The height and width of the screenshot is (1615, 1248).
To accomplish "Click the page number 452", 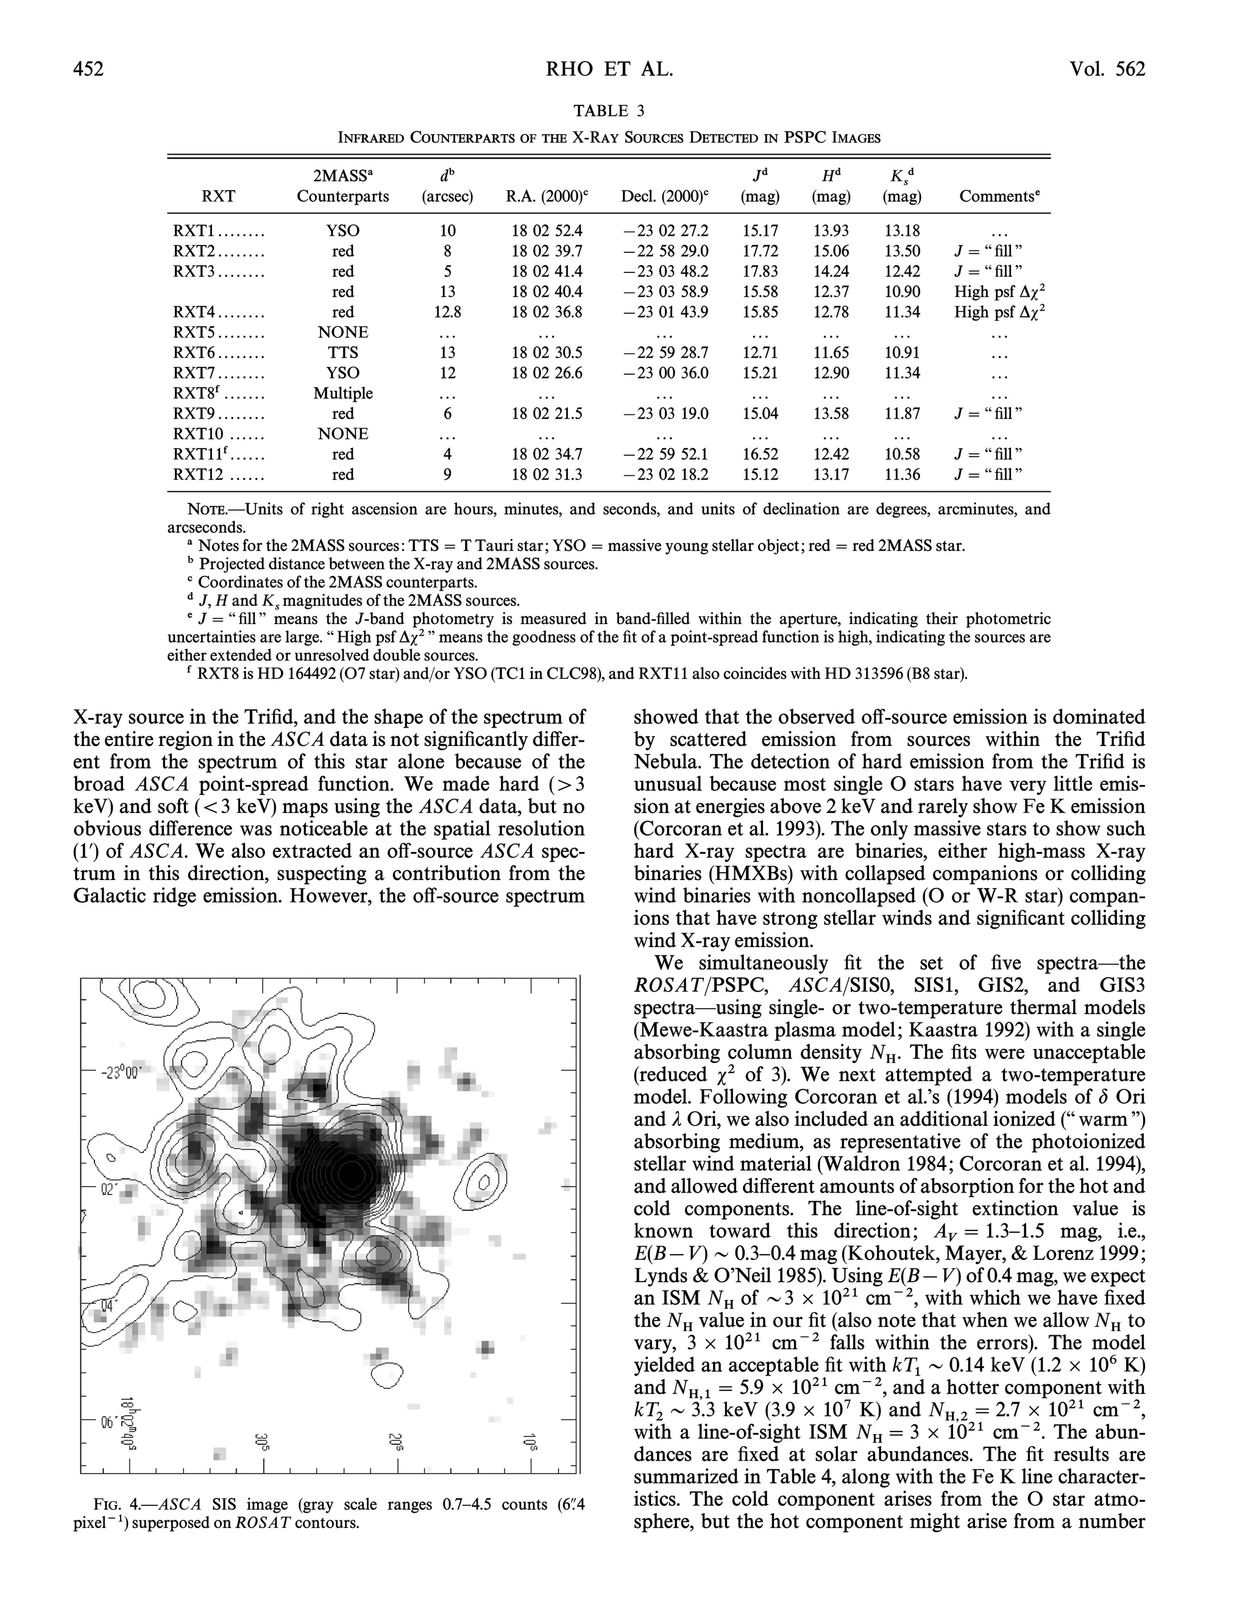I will point(89,69).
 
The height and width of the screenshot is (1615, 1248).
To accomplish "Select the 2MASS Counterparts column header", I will point(342,186).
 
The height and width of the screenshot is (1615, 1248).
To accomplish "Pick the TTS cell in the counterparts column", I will point(343,353).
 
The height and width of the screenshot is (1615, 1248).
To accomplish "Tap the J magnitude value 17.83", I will point(760,271).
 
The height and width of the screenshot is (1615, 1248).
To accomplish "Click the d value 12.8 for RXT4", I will point(447,312).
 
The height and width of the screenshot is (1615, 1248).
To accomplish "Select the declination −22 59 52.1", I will point(665,454).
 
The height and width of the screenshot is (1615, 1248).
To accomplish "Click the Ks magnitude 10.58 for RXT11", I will point(902,454).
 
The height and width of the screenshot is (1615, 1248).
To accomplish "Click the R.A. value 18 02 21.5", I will point(547,413).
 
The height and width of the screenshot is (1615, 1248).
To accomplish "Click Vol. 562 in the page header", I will point(1106,69).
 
